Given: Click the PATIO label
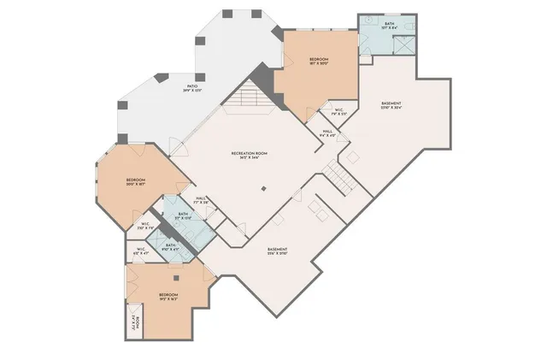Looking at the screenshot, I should pyautogui.click(x=193, y=88).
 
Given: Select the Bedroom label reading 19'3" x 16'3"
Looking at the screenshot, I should pyautogui.click(x=167, y=298).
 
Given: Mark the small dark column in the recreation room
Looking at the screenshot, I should pyautogui.click(x=264, y=188).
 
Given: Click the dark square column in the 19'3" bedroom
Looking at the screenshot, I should pyautogui.click(x=175, y=277).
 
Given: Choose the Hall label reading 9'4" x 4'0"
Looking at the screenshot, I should pyautogui.click(x=328, y=133).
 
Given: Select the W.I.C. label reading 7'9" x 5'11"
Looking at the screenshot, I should pyautogui.click(x=338, y=111).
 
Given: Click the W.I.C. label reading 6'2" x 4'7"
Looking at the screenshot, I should pyautogui.click(x=141, y=251).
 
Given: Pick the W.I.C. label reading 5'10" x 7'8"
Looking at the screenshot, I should pyautogui.click(x=146, y=227).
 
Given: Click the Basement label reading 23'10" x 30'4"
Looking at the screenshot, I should pyautogui.click(x=391, y=106).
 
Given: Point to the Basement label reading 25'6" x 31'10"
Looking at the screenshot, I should pyautogui.click(x=277, y=251).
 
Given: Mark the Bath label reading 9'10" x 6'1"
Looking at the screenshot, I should pyautogui.click(x=171, y=246).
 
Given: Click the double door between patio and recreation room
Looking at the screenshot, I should pyautogui.click(x=179, y=147).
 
